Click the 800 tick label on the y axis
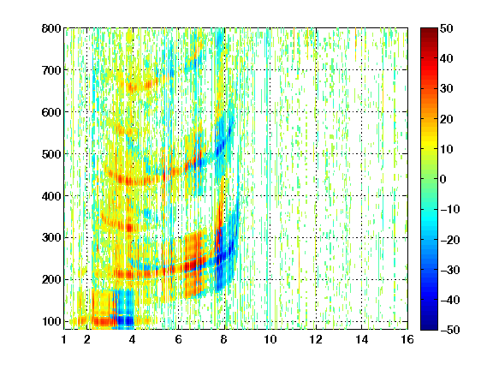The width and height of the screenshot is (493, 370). (51, 28)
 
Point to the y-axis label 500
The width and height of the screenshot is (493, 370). (51, 154)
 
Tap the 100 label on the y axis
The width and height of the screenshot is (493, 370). (51, 321)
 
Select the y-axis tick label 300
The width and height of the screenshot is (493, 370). (51, 238)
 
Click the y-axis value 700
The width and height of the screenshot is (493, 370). (51, 70)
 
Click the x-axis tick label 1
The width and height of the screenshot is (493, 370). (64, 339)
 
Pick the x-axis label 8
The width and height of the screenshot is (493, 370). (223, 339)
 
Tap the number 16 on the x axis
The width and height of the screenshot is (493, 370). (407, 339)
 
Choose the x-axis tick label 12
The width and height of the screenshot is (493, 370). (316, 339)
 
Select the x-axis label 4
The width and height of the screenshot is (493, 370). (132, 339)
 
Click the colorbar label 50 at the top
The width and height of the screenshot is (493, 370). (446, 28)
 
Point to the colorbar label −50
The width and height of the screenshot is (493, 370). (450, 330)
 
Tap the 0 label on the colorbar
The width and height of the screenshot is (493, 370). (443, 179)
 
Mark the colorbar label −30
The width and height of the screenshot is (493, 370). (450, 270)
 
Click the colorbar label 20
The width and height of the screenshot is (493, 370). (446, 119)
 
